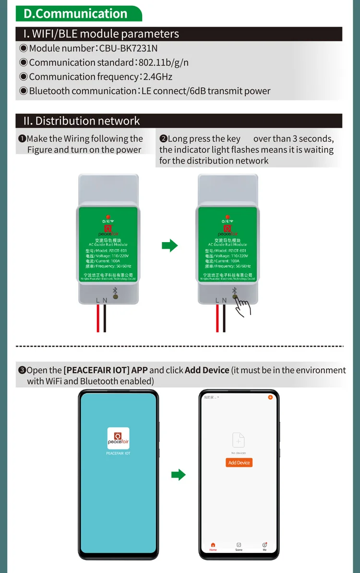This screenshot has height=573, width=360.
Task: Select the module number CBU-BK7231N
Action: (128, 49)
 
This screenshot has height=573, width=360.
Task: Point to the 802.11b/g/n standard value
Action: (163, 62)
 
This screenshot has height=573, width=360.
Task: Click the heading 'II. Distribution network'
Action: (82, 121)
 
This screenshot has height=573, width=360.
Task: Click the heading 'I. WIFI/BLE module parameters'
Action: (101, 34)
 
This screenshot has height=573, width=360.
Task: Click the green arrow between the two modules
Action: (169, 246)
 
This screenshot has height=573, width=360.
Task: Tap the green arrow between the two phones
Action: (178, 475)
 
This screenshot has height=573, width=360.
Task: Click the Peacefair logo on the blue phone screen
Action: (118, 438)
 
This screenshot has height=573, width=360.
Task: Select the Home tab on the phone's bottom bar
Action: (213, 547)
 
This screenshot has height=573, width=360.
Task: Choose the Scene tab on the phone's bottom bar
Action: (239, 547)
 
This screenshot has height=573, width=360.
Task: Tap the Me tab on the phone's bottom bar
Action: (264, 547)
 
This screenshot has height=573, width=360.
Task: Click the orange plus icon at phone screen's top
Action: (270, 398)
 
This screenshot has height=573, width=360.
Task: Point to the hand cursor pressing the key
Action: (244, 306)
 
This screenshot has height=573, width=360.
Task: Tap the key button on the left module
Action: (115, 297)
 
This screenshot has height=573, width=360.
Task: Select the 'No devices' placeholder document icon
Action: (239, 440)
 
